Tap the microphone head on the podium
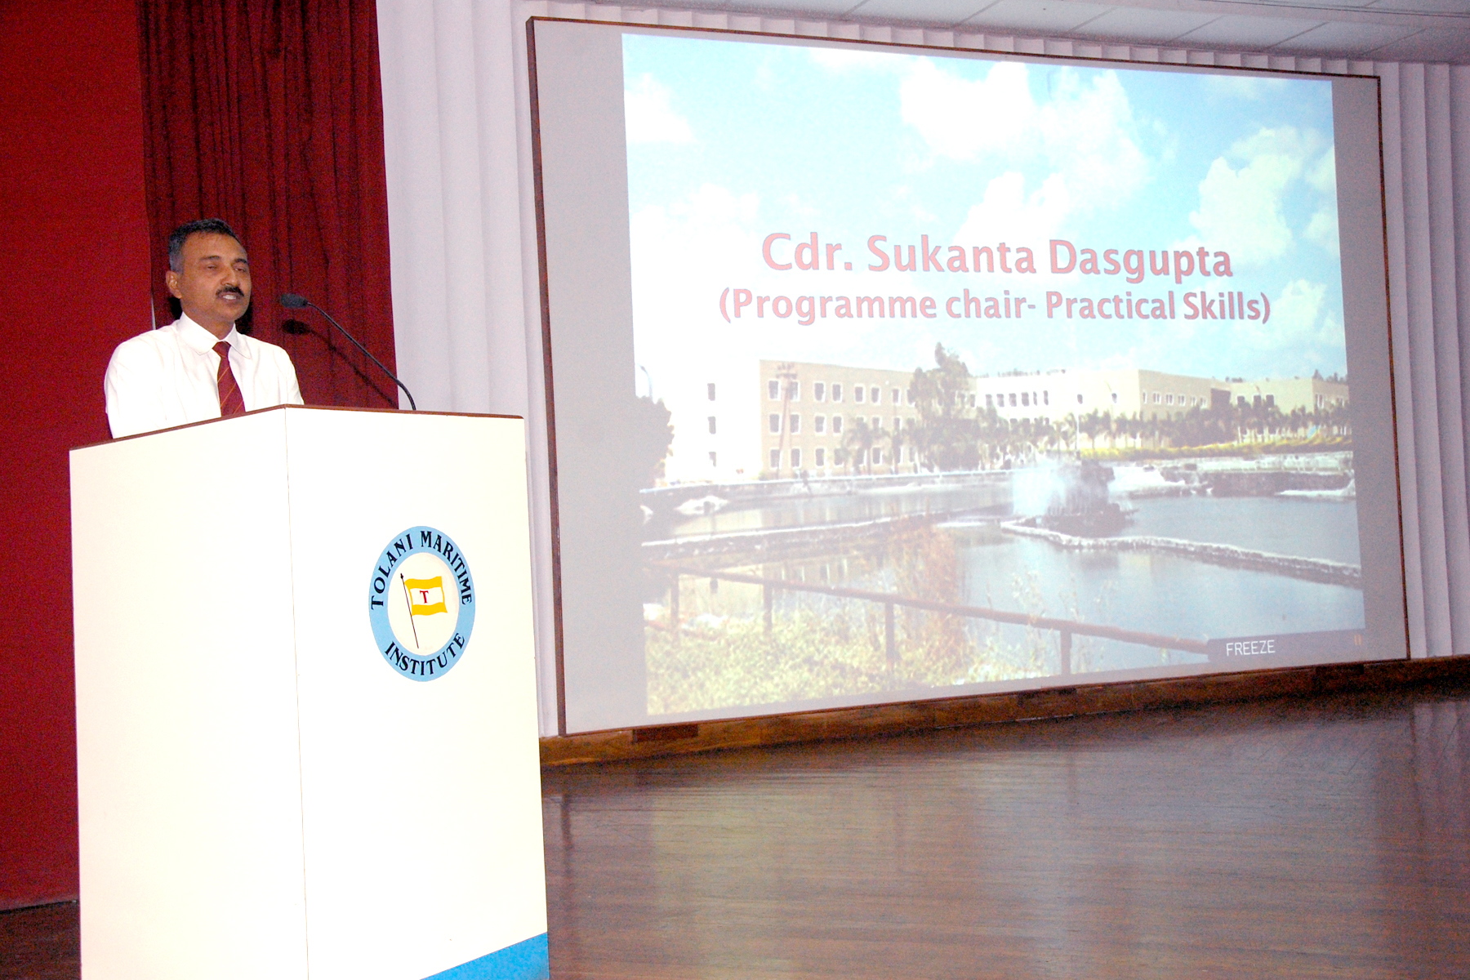pos(292,301)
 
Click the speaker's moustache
pos(231,291)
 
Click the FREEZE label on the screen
pos(1249,648)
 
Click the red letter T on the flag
pos(425,596)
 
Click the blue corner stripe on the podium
pos(499,959)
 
